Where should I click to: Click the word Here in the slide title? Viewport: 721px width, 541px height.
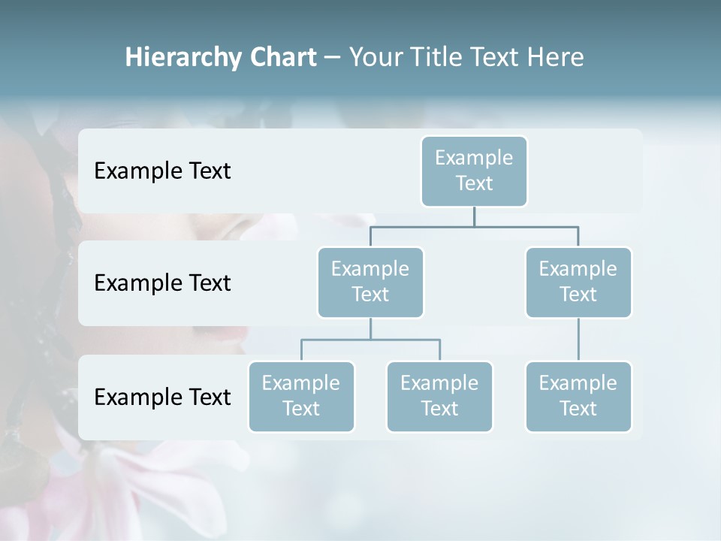click(556, 57)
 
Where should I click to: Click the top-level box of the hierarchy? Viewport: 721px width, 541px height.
click(474, 171)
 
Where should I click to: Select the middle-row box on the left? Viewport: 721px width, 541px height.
click(370, 282)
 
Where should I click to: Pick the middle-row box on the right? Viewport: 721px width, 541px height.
click(578, 282)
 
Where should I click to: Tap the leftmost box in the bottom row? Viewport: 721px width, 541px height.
click(301, 396)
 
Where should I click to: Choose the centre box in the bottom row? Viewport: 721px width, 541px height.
click(439, 396)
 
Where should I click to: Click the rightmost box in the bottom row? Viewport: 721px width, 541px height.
click(578, 396)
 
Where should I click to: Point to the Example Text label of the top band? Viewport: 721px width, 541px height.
click(162, 171)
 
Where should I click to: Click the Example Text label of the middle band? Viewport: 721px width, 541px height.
click(162, 283)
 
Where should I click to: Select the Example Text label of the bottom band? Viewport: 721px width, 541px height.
click(162, 397)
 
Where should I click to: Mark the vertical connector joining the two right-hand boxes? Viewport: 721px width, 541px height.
click(578, 340)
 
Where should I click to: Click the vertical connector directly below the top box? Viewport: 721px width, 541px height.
click(474, 216)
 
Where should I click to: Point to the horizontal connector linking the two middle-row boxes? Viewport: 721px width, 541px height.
click(474, 225)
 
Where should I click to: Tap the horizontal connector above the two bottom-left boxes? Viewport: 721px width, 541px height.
click(370, 340)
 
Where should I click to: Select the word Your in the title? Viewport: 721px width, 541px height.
click(375, 57)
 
